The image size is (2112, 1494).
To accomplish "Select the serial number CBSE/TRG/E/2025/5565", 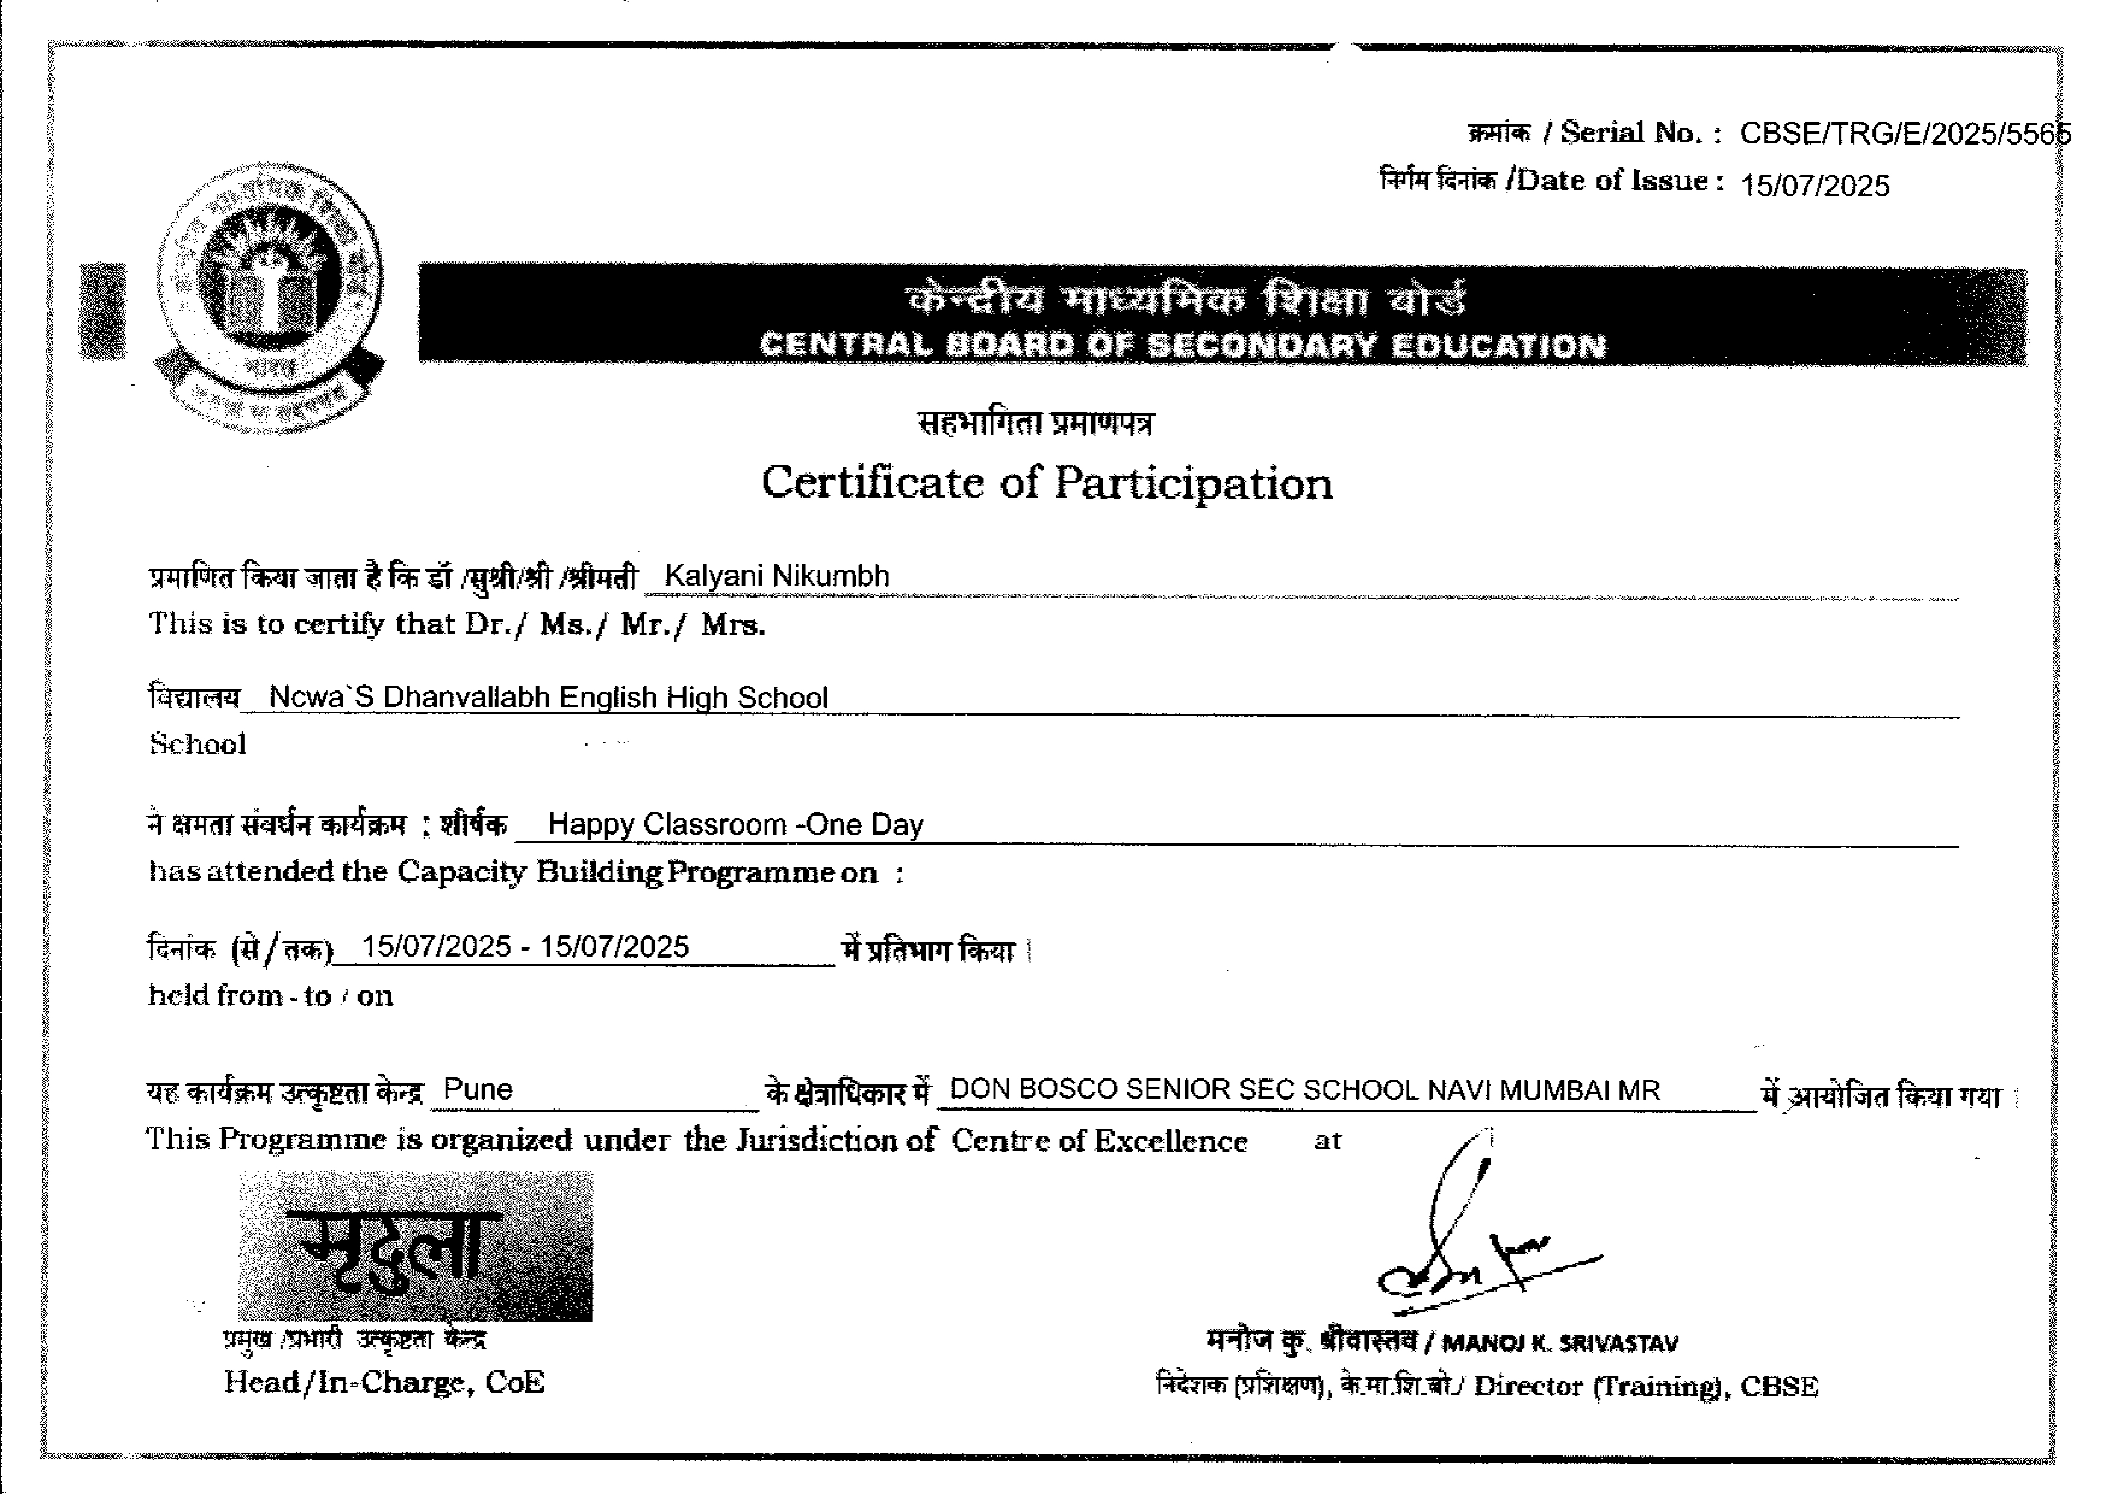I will (1904, 134).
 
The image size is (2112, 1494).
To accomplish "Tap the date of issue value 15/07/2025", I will (1815, 186).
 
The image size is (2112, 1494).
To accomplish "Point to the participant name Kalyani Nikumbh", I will (776, 576).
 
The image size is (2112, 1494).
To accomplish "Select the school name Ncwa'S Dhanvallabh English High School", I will (548, 698).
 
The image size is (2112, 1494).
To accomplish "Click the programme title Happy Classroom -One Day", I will (735, 824).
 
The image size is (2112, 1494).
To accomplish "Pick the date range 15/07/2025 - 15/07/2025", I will (525, 946).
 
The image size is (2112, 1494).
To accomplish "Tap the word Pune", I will (478, 1089).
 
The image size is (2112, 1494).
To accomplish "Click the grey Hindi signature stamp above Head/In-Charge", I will (415, 1246).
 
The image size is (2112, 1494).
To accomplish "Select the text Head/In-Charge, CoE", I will (384, 1382).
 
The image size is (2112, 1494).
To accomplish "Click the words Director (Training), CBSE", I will (1646, 1386).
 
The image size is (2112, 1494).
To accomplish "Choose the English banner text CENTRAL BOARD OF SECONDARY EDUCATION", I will (1182, 345).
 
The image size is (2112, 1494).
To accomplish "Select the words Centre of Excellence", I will (1099, 1141).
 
